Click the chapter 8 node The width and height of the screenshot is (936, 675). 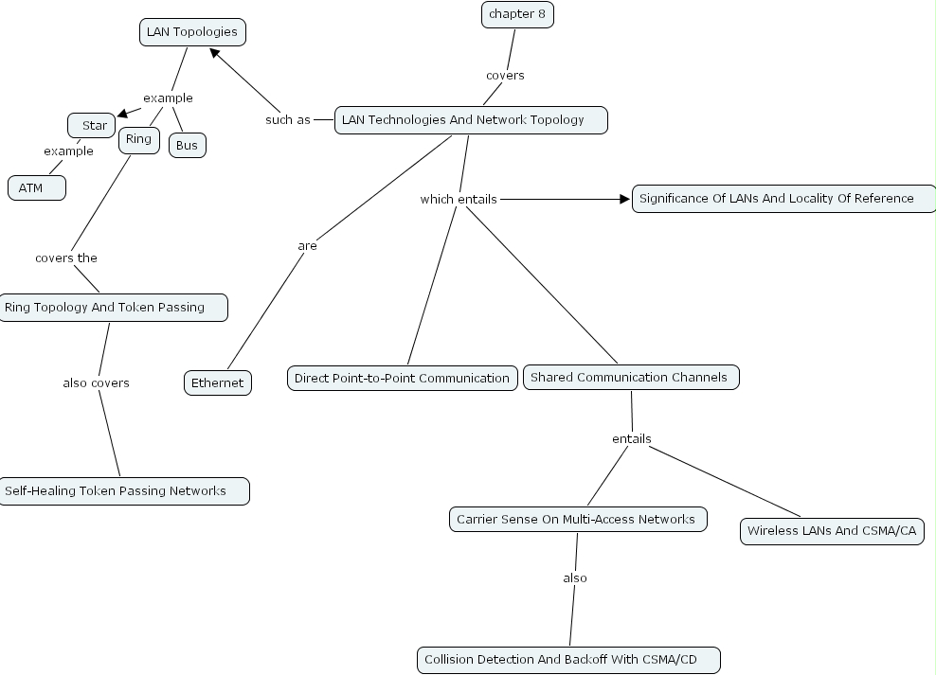click(517, 14)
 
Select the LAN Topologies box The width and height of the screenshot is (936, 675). click(192, 32)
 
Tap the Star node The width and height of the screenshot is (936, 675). click(92, 125)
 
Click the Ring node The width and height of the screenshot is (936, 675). click(138, 139)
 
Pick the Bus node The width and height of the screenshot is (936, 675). click(187, 145)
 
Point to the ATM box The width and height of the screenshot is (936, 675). click(37, 187)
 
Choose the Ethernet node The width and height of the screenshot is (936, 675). click(217, 382)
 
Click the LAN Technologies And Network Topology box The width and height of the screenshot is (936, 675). click(470, 120)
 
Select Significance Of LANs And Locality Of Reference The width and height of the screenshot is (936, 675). click(783, 198)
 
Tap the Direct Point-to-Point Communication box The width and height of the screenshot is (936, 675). click(402, 378)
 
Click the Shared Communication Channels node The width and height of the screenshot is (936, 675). click(630, 377)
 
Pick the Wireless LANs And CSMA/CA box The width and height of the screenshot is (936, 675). click(831, 530)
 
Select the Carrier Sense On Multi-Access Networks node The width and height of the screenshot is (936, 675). click(577, 519)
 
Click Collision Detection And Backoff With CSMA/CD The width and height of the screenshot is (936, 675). click(567, 659)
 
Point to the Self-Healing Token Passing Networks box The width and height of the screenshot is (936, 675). click(123, 490)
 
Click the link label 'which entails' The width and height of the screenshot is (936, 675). click(458, 199)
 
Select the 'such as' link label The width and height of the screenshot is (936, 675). click(287, 120)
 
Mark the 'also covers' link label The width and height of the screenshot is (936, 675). click(96, 382)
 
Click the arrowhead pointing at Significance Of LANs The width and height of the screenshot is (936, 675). click(624, 199)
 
